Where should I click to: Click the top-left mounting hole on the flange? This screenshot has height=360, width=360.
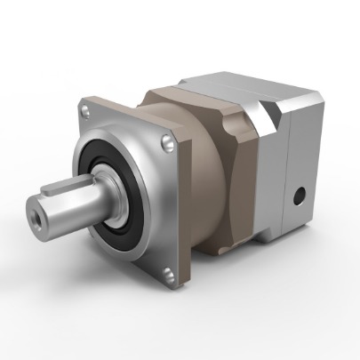85,110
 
